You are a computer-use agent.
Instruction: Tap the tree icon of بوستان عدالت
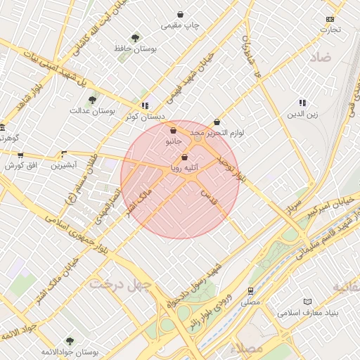93,99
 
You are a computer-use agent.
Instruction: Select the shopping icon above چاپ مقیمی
181,14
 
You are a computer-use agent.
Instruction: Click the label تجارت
330,30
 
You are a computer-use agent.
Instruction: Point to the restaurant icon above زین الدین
302,103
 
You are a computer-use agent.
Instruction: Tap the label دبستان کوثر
146,117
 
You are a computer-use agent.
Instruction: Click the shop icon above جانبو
173,130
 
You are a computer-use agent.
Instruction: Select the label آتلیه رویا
186,168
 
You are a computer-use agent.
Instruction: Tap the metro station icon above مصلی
250,290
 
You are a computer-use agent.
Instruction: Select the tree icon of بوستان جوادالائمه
70,341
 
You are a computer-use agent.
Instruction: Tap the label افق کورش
20,167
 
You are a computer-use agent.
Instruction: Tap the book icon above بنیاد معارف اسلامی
307,302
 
